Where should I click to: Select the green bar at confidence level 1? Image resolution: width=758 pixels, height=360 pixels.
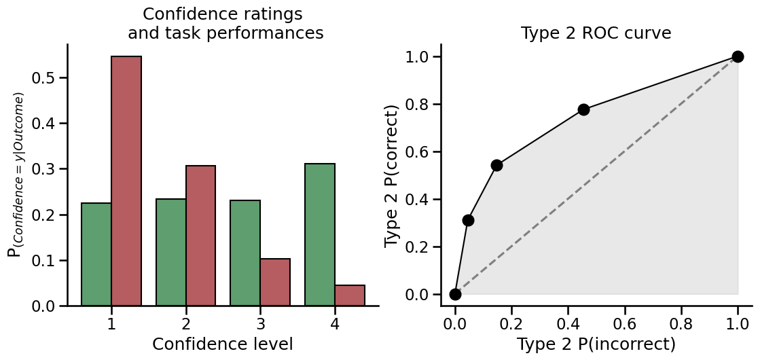(96, 254)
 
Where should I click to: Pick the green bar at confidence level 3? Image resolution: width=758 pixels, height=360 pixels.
(245, 253)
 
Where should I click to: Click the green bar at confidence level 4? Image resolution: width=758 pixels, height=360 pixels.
(320, 234)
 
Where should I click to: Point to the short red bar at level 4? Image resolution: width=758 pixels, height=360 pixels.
(350, 295)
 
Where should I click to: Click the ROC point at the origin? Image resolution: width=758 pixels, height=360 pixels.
(455, 294)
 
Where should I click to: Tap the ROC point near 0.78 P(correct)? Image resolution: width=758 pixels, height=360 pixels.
(583, 109)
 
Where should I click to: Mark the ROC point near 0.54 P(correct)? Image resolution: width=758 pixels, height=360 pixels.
(497, 165)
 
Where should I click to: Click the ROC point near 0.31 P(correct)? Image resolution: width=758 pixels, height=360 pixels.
(468, 220)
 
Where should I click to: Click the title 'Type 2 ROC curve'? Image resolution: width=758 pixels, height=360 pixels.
(596, 33)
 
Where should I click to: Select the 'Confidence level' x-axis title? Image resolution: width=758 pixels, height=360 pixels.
(223, 344)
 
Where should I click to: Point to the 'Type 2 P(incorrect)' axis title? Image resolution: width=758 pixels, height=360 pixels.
(596, 344)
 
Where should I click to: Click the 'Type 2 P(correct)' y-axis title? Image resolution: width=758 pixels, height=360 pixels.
(392, 176)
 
